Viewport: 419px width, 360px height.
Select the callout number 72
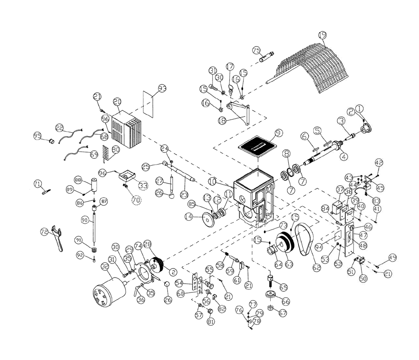44,231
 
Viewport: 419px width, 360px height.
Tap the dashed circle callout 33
143,184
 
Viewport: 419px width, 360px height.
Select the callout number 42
379,162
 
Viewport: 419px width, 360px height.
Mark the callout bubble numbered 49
392,257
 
